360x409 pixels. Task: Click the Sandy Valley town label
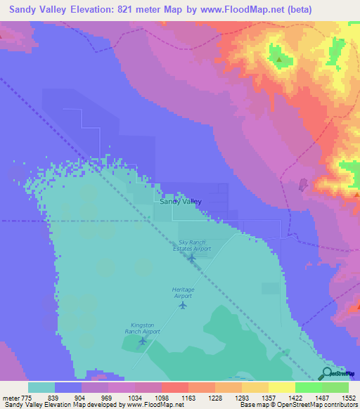coord(180,202)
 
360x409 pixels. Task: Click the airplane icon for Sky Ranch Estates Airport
coord(191,257)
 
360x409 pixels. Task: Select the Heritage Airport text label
coord(183,293)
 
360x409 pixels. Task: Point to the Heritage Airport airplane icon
coord(184,305)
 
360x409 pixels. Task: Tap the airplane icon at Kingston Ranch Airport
coord(143,341)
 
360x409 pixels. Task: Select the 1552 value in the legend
coord(348,398)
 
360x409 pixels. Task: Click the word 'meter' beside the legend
coord(10,398)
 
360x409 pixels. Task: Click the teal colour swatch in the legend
coord(41,387)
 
